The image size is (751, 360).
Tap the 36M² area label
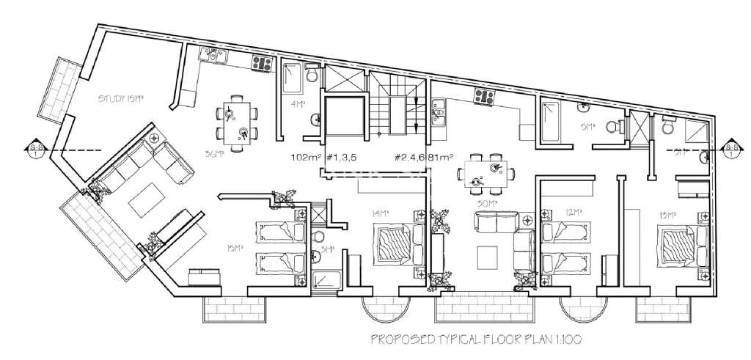pyautogui.click(x=213, y=154)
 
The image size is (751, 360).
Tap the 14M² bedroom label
pyautogui.click(x=380, y=213)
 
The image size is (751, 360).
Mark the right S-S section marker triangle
pyautogui.click(x=731, y=149)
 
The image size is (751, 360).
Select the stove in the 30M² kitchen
pyautogui.click(x=483, y=95)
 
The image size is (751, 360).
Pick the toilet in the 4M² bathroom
pyautogui.click(x=311, y=76)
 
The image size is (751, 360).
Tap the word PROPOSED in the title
pyautogui.click(x=398, y=339)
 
